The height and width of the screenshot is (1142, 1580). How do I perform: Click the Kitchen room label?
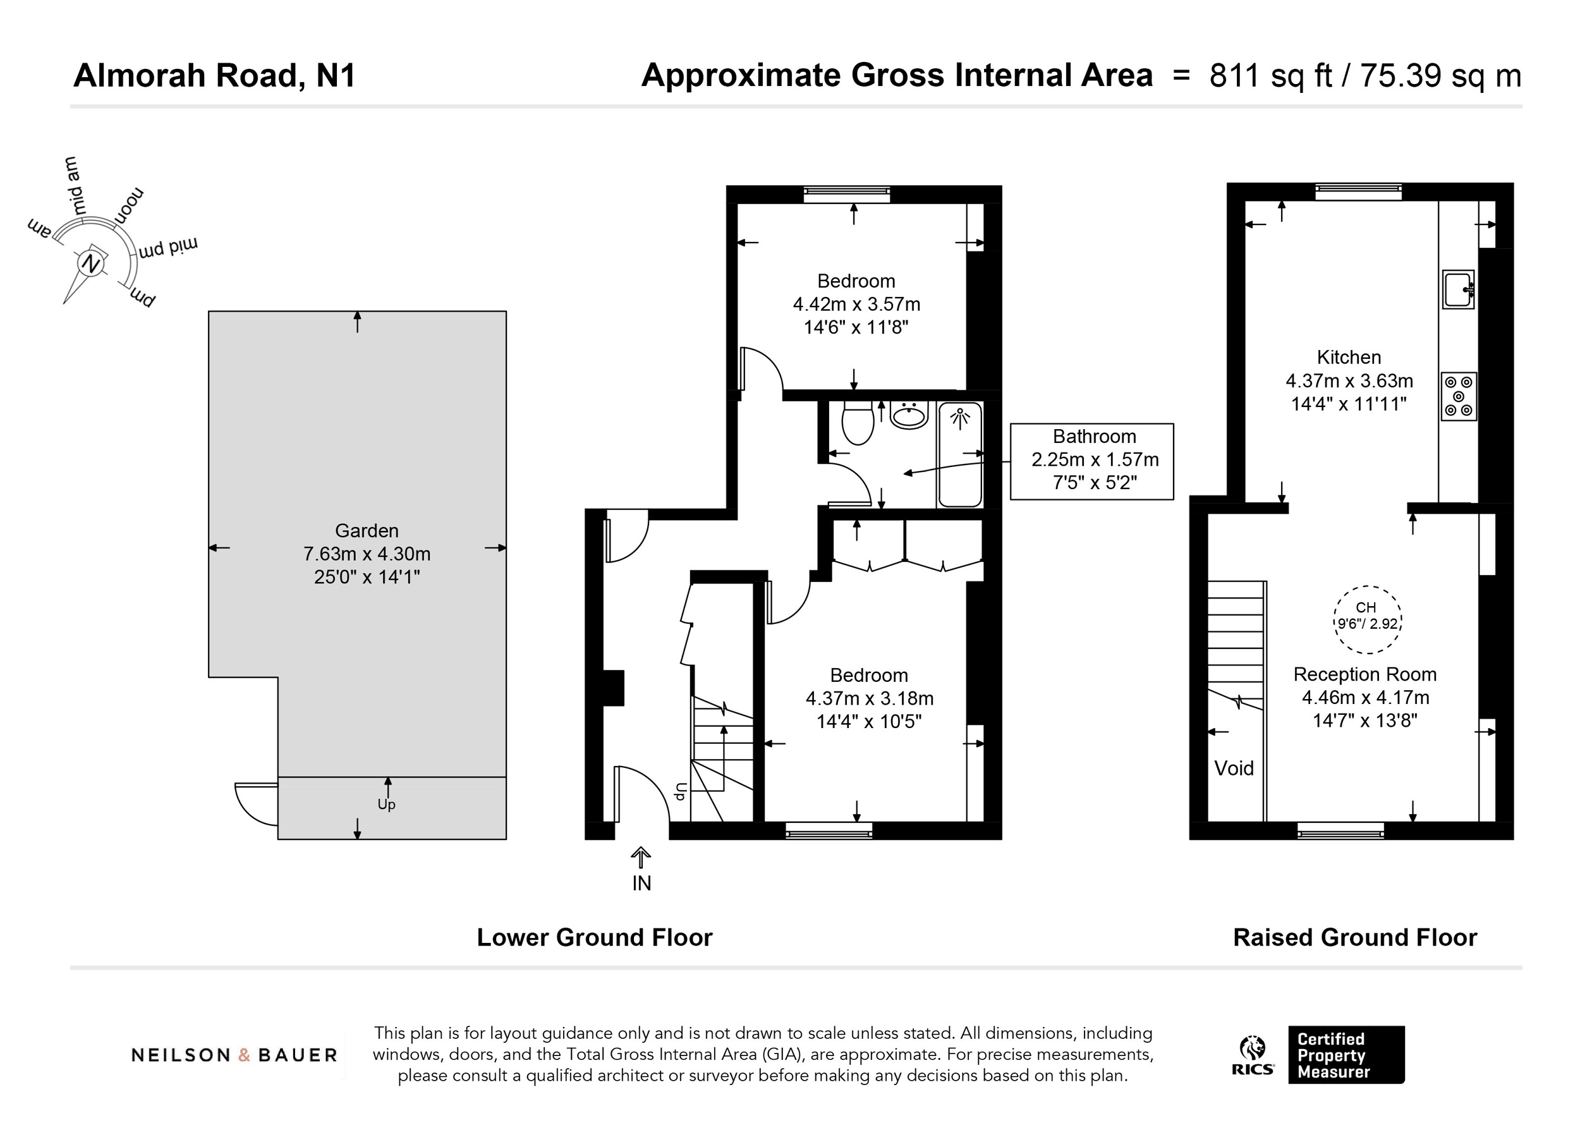click(x=1349, y=358)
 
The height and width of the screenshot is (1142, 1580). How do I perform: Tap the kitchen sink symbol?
click(x=1458, y=289)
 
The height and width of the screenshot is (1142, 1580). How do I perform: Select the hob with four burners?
click(x=1459, y=396)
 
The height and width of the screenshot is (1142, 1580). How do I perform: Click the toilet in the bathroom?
click(x=858, y=422)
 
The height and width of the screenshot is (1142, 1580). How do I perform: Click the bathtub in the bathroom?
click(x=960, y=454)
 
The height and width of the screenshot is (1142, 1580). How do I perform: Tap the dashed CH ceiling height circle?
click(x=1368, y=619)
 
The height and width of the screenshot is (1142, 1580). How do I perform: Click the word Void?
click(x=1234, y=768)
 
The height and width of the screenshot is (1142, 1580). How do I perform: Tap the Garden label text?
click(x=367, y=532)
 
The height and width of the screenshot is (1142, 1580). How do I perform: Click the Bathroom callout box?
click(x=1091, y=461)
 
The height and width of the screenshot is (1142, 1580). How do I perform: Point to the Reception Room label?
click(x=1364, y=674)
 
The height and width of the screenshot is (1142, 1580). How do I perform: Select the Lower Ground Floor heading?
click(x=594, y=938)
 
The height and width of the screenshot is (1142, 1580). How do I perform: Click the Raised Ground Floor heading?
click(x=1355, y=938)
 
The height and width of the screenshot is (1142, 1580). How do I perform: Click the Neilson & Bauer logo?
click(x=234, y=1055)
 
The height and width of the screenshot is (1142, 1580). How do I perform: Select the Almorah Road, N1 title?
click(x=215, y=75)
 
